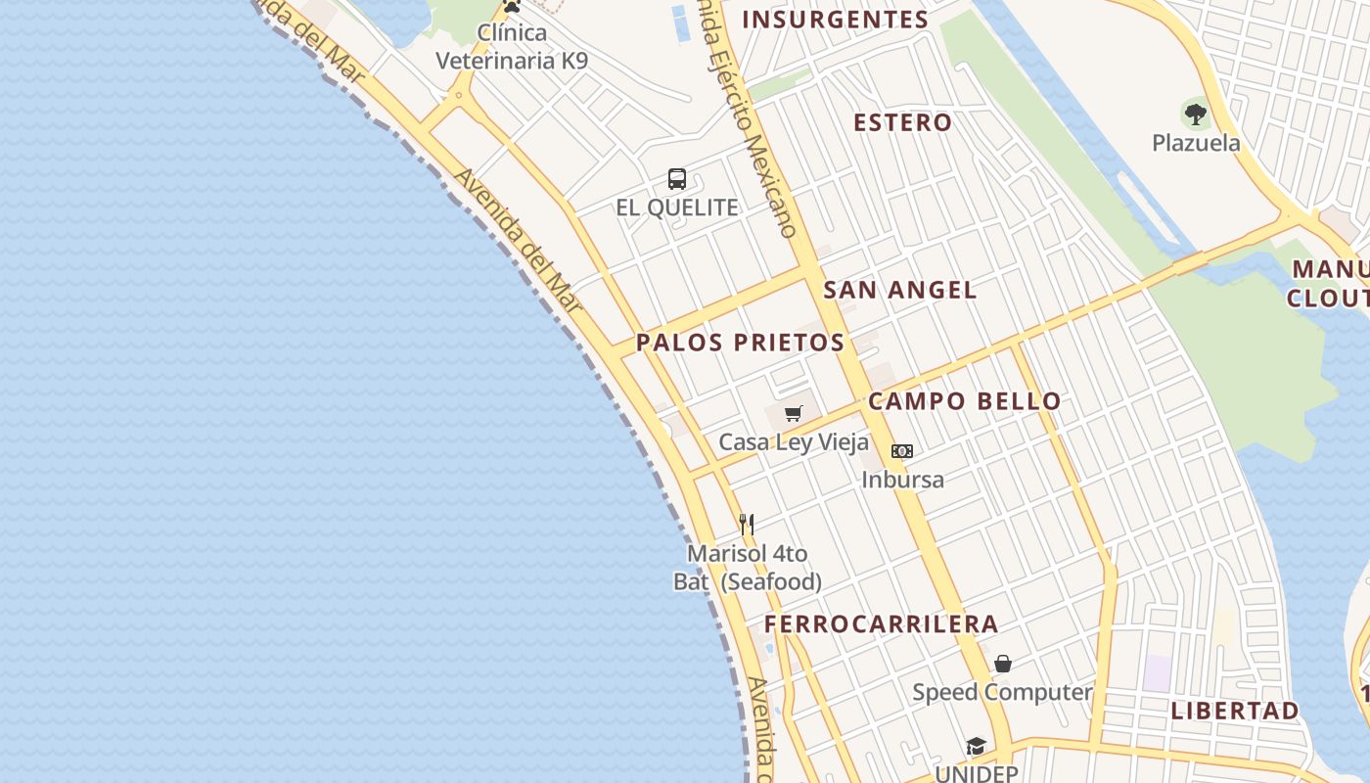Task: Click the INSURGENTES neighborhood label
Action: point(835,20)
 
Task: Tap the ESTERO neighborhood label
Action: point(902,122)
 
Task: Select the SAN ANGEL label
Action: point(899,290)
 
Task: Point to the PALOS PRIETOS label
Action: point(740,343)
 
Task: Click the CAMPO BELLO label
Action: point(964,401)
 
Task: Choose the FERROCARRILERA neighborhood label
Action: point(881,624)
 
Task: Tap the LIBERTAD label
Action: point(1235,711)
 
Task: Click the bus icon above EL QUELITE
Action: point(677,179)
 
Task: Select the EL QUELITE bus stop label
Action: point(677,207)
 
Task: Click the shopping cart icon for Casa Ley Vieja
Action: point(794,414)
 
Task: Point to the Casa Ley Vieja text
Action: point(794,442)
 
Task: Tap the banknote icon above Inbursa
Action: point(902,451)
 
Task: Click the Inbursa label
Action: point(902,480)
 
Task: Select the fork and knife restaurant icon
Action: point(747,525)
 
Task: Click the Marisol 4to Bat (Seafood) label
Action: point(748,568)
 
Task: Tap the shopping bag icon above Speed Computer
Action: point(1003,665)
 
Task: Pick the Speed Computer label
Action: point(1002,693)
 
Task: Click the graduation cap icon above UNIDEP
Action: point(976,747)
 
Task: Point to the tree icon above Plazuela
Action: point(1195,114)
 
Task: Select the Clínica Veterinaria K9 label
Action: point(512,46)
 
